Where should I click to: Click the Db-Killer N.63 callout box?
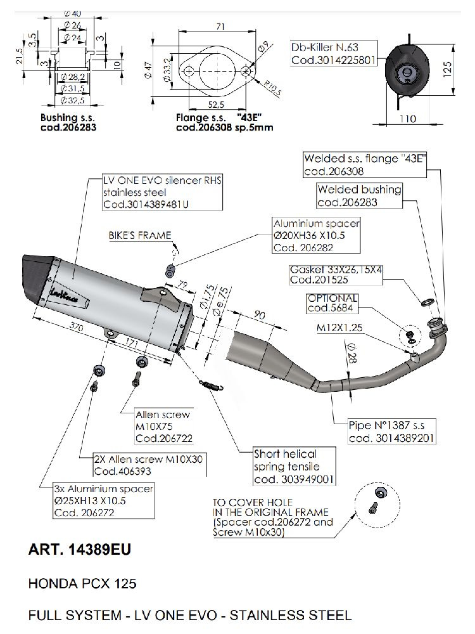[334, 54]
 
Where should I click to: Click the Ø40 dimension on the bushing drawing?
[72, 13]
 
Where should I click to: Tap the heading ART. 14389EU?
[80, 550]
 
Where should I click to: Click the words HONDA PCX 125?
[82, 583]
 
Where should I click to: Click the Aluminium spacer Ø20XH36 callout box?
[317, 235]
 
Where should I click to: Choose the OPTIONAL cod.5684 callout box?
[332, 303]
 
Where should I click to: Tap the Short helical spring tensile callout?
[294, 466]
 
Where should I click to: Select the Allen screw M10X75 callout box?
[163, 426]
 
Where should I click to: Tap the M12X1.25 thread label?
[339, 329]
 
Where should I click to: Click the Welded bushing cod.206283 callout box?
[358, 196]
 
